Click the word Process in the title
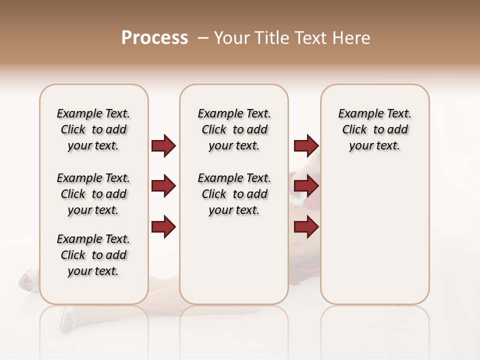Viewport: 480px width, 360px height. point(154,38)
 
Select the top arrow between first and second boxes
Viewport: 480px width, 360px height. point(163,146)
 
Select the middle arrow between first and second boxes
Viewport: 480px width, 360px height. point(163,186)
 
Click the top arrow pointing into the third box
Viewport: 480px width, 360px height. point(306,146)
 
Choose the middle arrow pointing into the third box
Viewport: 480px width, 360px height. point(306,186)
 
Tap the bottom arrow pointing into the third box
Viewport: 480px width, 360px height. point(306,227)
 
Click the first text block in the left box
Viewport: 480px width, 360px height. point(93,129)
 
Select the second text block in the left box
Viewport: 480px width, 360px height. point(93,194)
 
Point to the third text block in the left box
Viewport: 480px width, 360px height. point(93,255)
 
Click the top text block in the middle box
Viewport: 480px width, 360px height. point(234,129)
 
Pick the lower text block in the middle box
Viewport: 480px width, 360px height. point(234,194)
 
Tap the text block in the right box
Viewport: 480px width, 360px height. point(374,129)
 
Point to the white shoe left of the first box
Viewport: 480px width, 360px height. point(29,280)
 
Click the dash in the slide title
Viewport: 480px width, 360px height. point(203,38)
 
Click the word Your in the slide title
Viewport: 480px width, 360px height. point(232,38)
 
